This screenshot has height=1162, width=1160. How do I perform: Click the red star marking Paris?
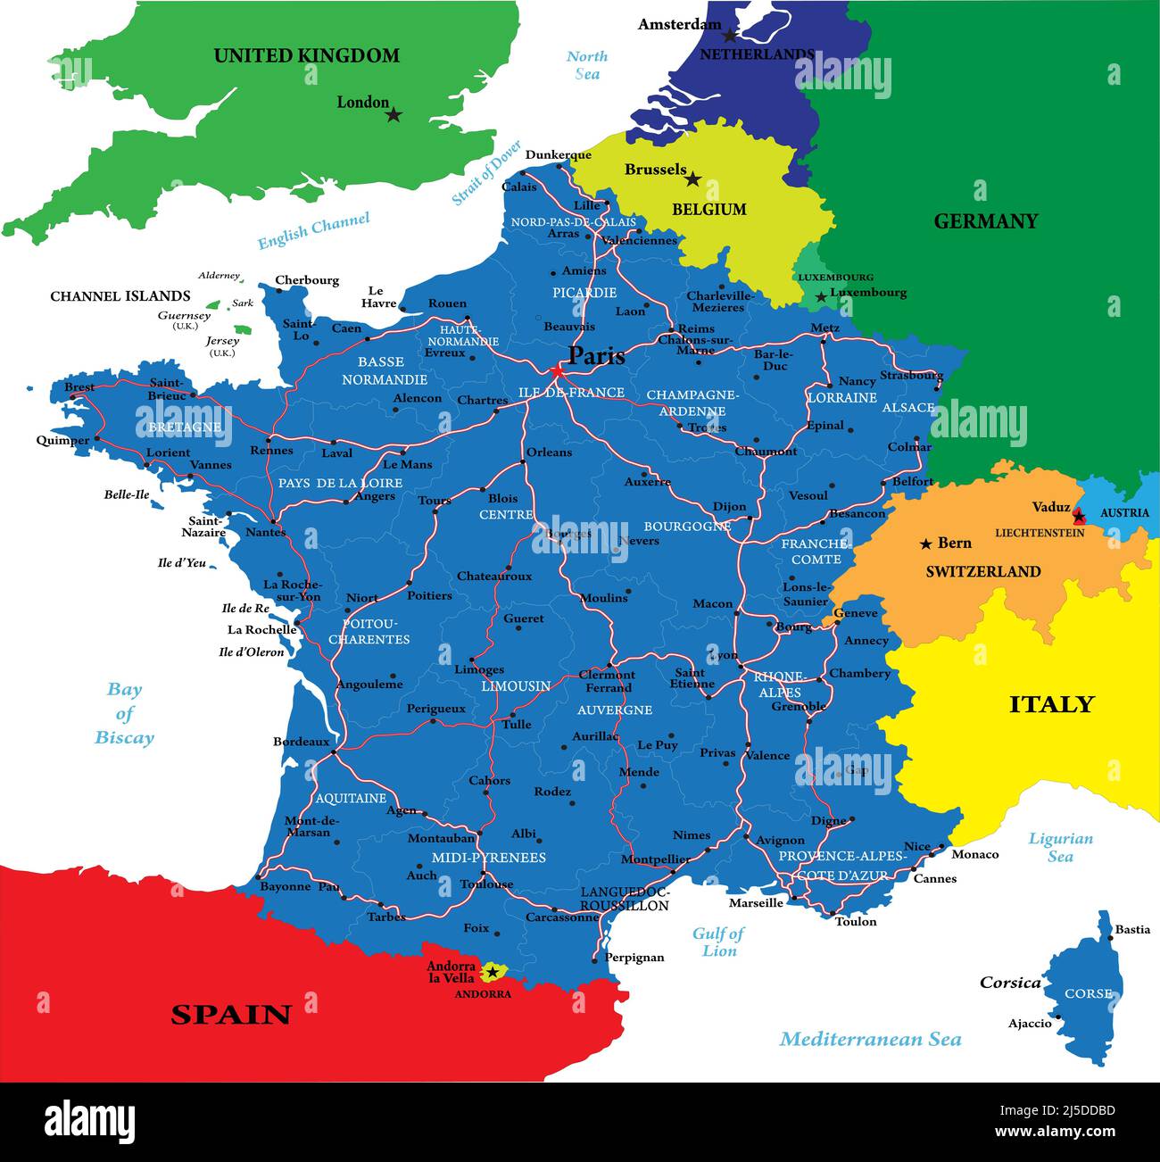558,370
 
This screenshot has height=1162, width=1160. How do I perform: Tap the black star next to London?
394,115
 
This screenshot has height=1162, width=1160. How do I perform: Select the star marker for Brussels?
692,179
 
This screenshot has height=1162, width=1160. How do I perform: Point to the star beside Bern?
926,544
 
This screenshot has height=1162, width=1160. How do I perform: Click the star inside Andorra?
492,972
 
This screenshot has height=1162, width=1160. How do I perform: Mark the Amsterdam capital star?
730,36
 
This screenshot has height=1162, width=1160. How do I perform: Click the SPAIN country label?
231,1015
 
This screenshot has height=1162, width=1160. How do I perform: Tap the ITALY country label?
1051,705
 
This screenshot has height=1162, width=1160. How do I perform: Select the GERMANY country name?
985,221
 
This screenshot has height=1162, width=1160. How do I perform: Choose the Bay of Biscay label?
125,713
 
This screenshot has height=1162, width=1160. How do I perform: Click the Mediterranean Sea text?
870,1039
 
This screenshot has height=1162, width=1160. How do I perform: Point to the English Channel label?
313,231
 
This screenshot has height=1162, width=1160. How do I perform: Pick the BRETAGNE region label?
185,427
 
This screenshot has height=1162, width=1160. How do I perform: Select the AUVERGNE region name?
615,710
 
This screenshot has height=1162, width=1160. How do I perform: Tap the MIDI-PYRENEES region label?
489,858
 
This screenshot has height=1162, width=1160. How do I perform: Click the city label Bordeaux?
301,742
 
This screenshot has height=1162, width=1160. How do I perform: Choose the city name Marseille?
756,903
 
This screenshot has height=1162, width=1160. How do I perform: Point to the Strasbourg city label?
911,376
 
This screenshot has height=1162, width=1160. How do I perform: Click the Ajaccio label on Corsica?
1030,1024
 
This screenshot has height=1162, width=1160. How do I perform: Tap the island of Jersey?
242,329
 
